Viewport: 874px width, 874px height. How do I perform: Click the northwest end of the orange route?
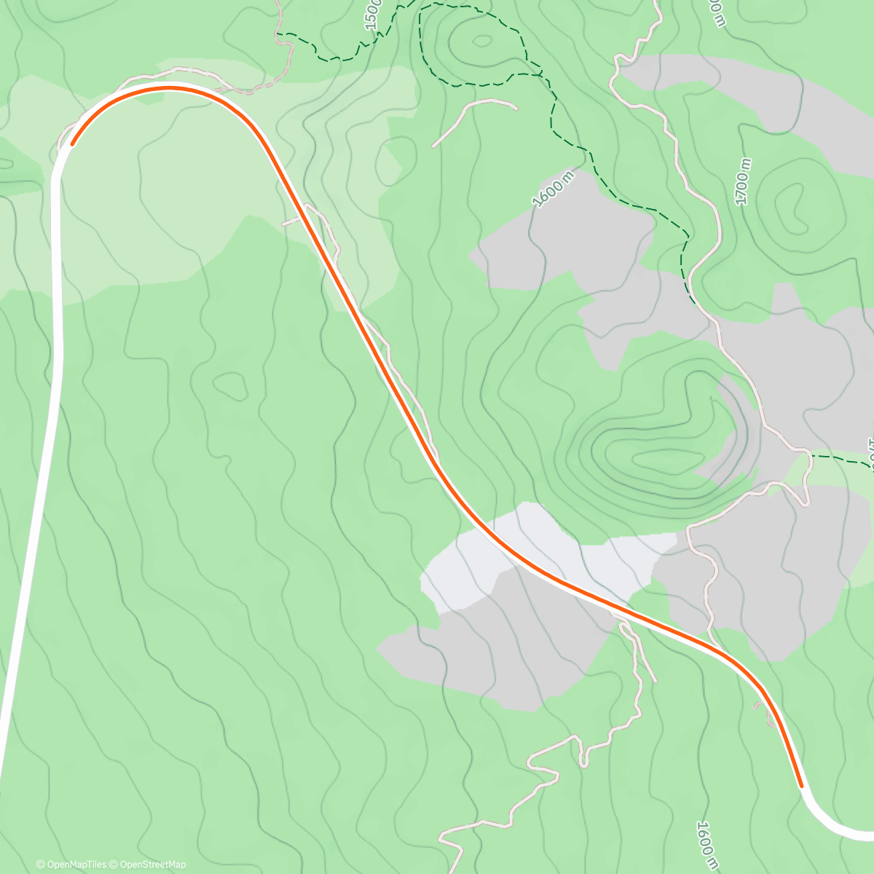71,144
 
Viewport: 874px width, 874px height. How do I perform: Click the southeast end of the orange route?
801,786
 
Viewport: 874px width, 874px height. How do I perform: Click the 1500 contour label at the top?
371,15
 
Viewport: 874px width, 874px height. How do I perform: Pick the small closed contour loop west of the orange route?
232,385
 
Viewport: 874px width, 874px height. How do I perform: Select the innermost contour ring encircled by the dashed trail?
481,40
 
